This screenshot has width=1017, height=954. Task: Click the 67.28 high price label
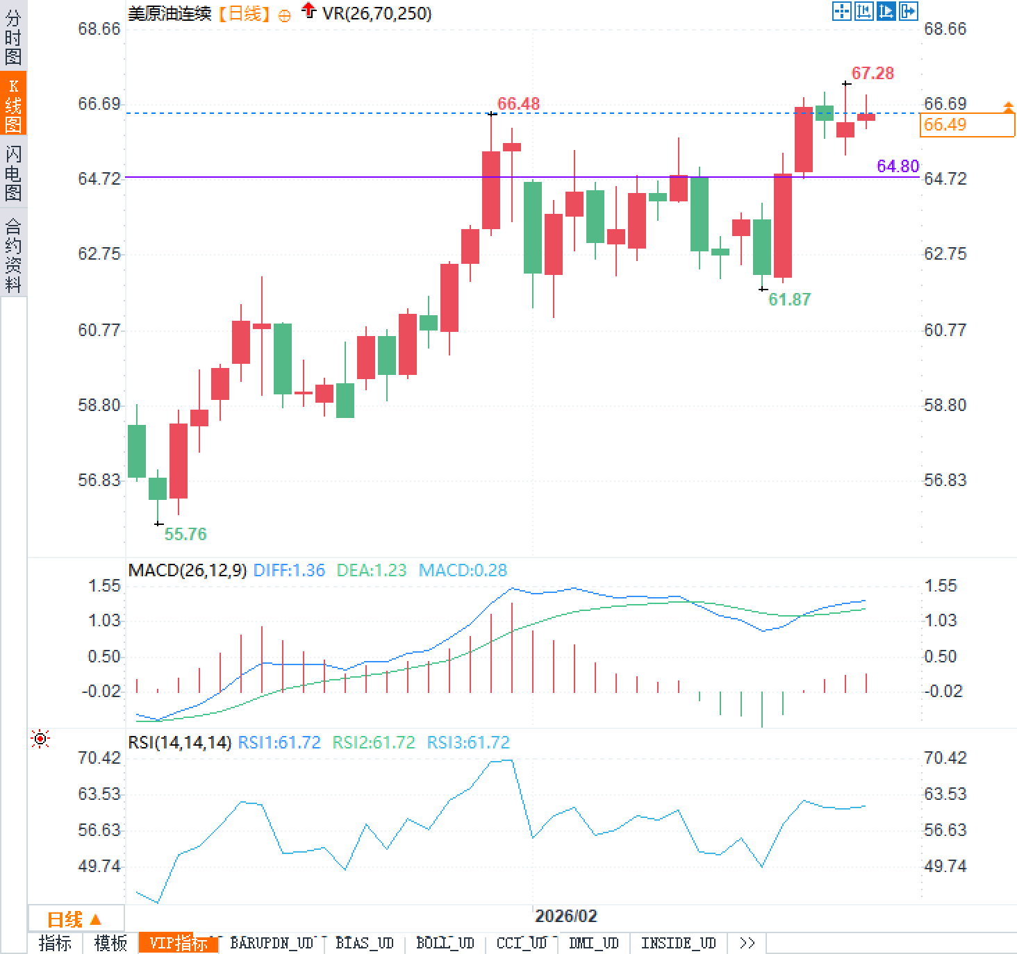click(x=873, y=73)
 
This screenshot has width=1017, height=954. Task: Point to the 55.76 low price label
click(x=185, y=534)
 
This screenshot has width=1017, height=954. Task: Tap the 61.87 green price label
click(x=789, y=299)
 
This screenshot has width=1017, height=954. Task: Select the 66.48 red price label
click(x=518, y=103)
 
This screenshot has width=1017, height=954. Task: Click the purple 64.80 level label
click(x=898, y=166)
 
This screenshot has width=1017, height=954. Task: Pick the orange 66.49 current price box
click(x=967, y=125)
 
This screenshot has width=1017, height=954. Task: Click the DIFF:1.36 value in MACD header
click(x=289, y=570)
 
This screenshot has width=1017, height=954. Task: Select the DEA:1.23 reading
click(x=371, y=570)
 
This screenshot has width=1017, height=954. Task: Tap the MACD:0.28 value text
click(x=463, y=570)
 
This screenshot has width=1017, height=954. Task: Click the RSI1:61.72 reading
click(x=279, y=742)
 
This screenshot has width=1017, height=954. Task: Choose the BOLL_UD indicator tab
click(x=445, y=943)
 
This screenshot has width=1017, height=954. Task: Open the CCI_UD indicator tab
click(x=522, y=943)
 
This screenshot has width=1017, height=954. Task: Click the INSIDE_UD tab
click(x=678, y=943)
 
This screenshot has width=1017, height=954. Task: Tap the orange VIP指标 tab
click(x=179, y=943)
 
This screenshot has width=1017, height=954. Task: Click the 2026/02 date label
click(x=566, y=916)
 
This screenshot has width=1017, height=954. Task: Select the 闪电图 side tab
click(x=13, y=173)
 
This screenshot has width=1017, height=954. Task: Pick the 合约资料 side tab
click(x=13, y=255)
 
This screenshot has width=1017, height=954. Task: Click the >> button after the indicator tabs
click(x=747, y=943)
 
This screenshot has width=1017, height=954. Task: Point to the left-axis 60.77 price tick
click(x=99, y=330)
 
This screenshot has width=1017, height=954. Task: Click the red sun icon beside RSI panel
click(x=40, y=739)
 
